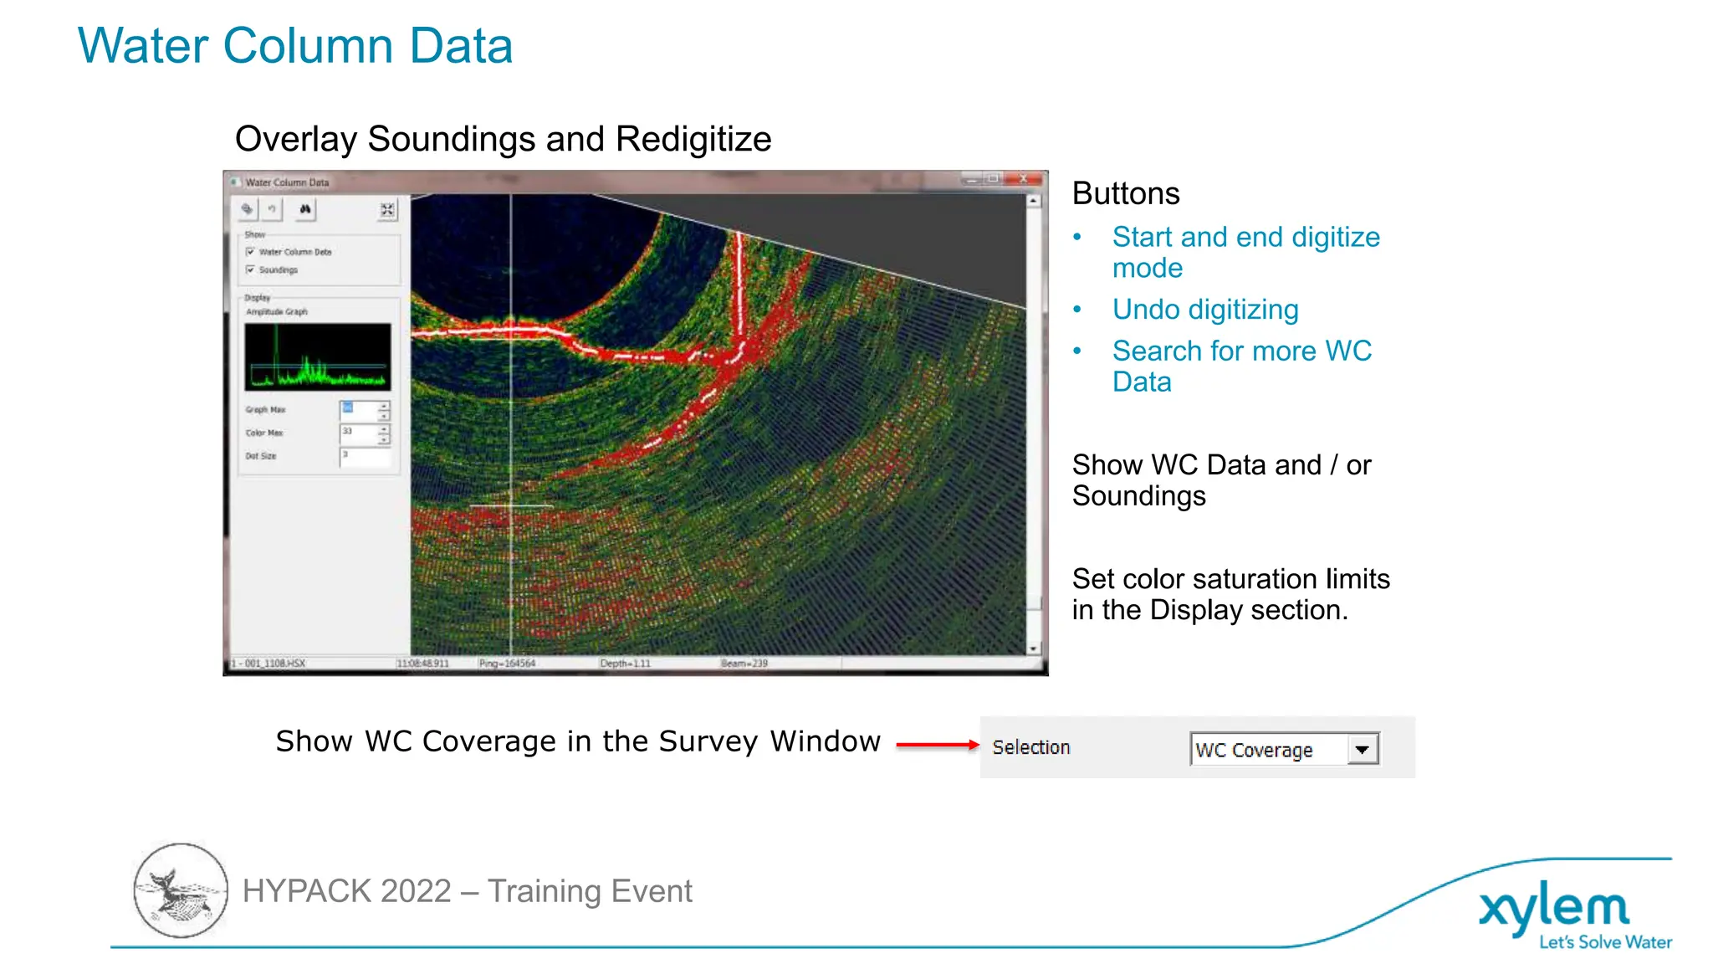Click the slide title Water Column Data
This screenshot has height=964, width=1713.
(x=294, y=46)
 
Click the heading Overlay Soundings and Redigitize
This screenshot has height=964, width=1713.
(x=503, y=139)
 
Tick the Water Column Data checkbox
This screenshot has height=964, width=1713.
(x=250, y=252)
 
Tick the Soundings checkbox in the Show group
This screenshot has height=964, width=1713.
(x=250, y=269)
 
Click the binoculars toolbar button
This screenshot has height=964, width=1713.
(x=305, y=209)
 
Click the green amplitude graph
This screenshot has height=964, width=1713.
(x=317, y=357)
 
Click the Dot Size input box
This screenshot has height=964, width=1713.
(x=365, y=456)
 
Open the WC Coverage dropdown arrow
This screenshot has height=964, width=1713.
(x=1362, y=750)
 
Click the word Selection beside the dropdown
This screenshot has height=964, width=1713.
(x=1030, y=747)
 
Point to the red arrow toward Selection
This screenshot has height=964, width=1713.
(x=936, y=744)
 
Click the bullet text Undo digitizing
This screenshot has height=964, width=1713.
(x=1204, y=310)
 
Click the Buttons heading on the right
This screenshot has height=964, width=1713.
(x=1125, y=193)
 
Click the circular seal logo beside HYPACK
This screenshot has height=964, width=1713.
(x=181, y=890)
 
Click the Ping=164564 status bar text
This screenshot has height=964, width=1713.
(x=507, y=664)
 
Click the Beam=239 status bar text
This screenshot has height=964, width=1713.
(x=744, y=664)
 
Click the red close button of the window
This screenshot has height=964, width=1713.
(x=1024, y=179)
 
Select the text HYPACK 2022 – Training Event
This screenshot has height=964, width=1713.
(x=467, y=891)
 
